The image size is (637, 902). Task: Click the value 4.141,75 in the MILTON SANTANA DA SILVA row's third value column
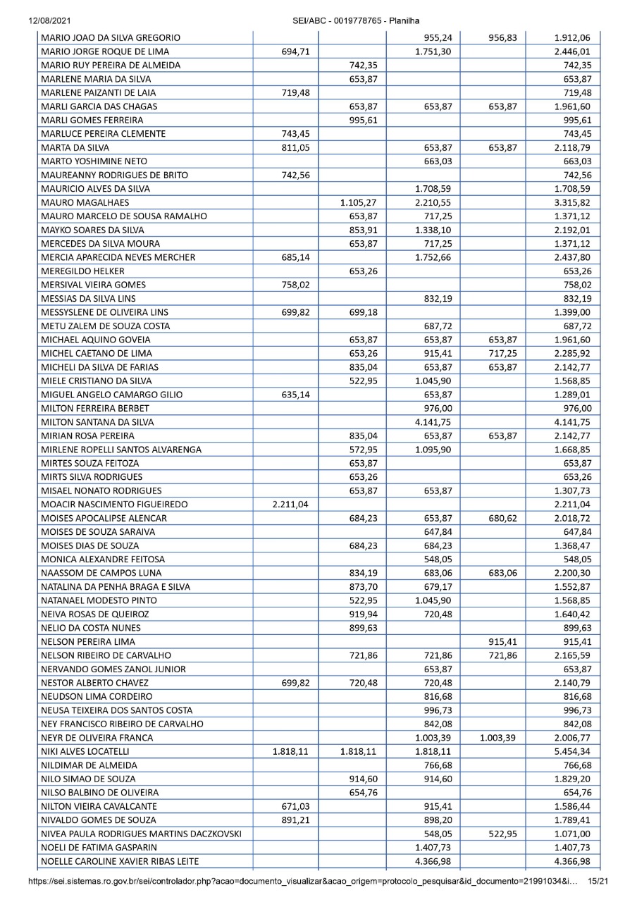(x=433, y=423)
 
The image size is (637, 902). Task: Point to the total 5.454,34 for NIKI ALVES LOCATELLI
(x=571, y=751)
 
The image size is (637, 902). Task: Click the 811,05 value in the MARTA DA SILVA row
(x=296, y=147)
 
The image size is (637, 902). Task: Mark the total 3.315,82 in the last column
(x=571, y=203)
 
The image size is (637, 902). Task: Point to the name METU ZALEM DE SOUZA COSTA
(x=106, y=326)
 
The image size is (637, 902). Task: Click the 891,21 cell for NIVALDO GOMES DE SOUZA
(x=296, y=820)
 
